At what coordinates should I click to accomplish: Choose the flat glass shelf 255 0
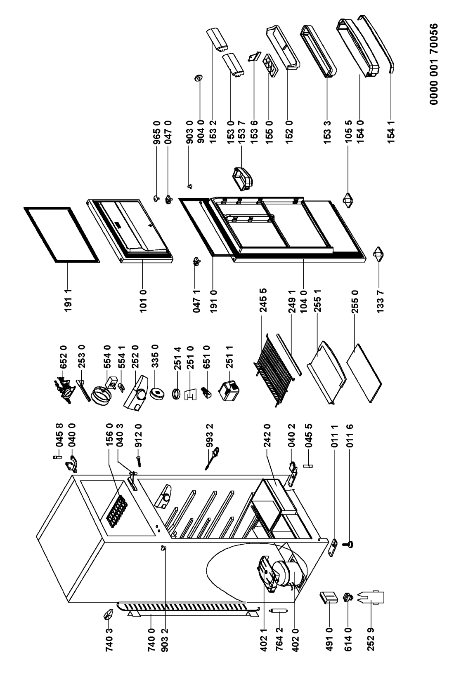point(364,378)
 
